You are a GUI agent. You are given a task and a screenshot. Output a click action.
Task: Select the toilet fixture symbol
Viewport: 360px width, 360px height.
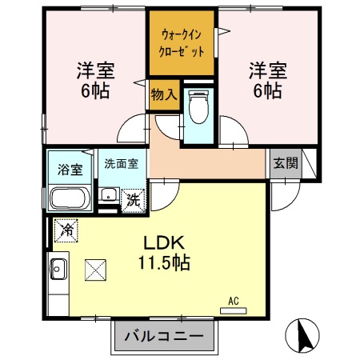[197, 108]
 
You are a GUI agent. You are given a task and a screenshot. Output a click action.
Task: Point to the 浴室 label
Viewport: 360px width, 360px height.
[70, 169]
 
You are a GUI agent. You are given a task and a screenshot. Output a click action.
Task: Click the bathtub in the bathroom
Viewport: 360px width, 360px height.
[70, 197]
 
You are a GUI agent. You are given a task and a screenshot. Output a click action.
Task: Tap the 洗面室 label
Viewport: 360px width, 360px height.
[121, 163]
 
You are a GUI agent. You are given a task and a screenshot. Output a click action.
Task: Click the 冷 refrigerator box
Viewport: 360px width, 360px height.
[64, 230]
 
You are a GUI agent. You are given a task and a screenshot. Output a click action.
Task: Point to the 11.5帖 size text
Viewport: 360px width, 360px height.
[166, 262]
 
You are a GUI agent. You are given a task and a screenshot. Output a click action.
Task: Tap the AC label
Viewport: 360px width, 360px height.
[234, 301]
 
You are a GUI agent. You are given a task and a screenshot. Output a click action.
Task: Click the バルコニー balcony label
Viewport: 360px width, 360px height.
[168, 334]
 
